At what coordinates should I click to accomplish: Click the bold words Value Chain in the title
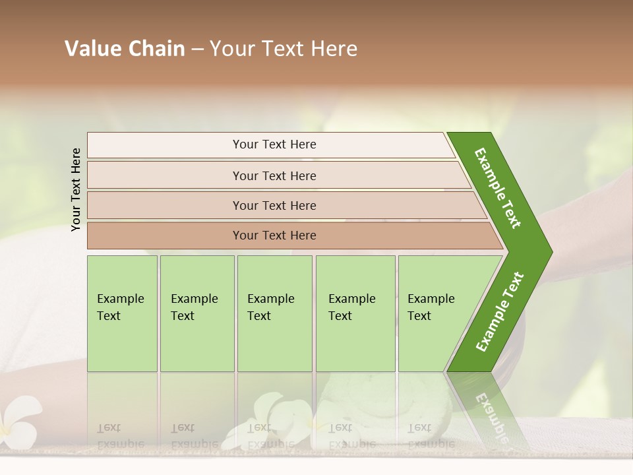click(125, 49)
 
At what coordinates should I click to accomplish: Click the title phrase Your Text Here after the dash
click(284, 49)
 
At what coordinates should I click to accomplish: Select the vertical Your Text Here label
click(76, 189)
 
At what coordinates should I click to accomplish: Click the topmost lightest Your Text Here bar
click(274, 144)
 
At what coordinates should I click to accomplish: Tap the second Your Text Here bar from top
click(274, 175)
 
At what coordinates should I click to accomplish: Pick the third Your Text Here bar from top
click(274, 205)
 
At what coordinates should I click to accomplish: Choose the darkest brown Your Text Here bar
click(274, 236)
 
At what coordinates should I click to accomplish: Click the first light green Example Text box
click(122, 313)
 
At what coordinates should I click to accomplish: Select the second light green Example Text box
click(196, 313)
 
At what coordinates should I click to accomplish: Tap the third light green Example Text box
click(274, 313)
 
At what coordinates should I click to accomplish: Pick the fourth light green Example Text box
click(355, 313)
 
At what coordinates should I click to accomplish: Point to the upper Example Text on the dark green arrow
click(498, 187)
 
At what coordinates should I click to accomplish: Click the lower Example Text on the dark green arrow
click(500, 311)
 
